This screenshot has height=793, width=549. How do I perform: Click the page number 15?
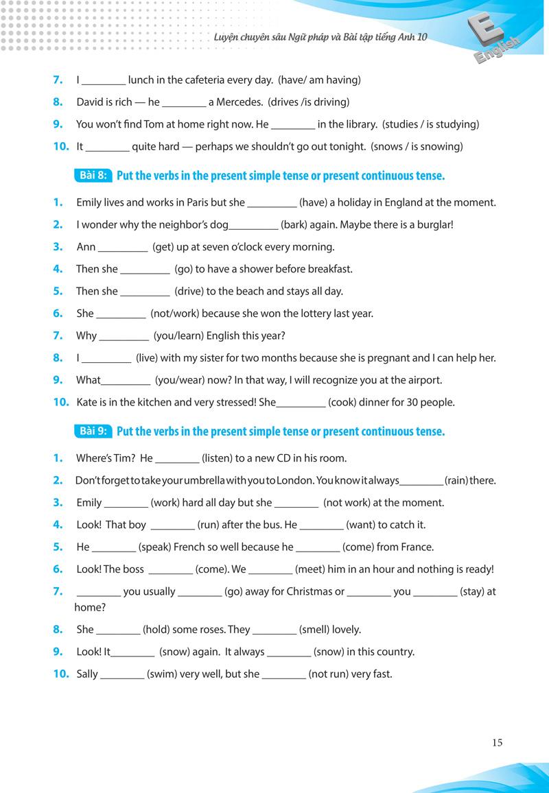pyautogui.click(x=497, y=742)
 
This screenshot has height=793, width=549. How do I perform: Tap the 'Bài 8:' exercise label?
pyautogui.click(x=92, y=176)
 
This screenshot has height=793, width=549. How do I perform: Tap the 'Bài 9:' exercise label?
pyautogui.click(x=92, y=431)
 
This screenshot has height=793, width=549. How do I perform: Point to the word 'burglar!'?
pyautogui.click(x=432, y=224)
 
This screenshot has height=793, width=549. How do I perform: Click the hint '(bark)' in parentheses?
pyautogui.click(x=296, y=224)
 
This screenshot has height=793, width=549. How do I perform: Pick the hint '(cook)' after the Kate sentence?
pyautogui.click(x=342, y=402)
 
